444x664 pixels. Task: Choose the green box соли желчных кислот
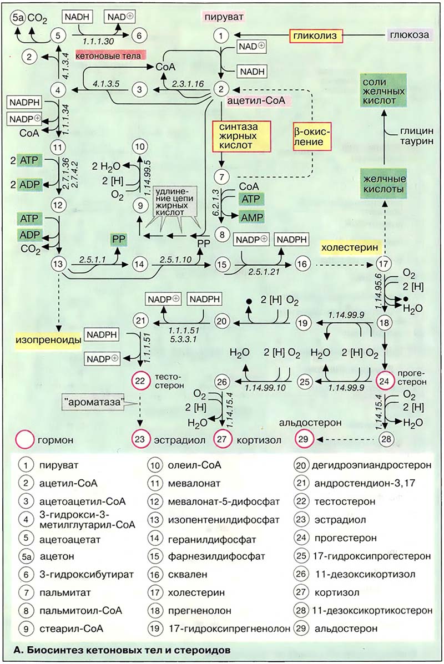(379, 92)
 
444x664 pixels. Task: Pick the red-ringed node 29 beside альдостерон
(304, 439)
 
